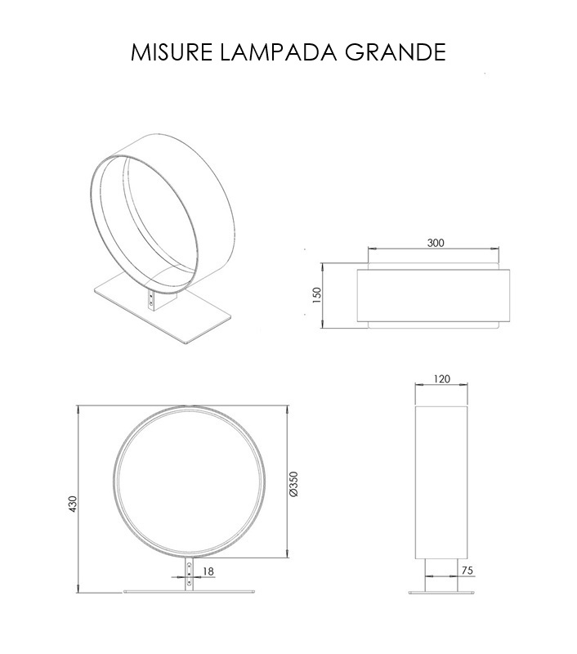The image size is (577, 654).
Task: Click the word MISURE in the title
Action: (x=172, y=52)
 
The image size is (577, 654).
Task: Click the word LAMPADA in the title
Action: (x=278, y=52)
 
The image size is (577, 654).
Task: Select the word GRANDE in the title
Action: (x=396, y=52)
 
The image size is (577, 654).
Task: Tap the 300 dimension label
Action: (x=436, y=243)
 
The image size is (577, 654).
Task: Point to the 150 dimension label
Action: (x=317, y=295)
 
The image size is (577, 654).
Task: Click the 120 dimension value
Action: (x=442, y=379)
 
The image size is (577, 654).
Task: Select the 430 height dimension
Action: (x=73, y=504)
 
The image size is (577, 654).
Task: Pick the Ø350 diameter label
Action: (x=293, y=484)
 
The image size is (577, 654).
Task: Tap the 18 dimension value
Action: (x=208, y=571)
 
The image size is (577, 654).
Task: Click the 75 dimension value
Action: (x=467, y=570)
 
